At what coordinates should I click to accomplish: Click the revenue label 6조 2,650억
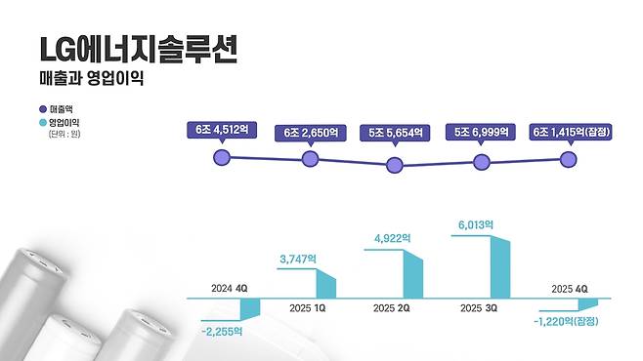click(x=310, y=131)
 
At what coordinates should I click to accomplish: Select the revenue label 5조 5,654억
click(x=394, y=131)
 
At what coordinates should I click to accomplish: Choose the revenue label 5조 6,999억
click(x=480, y=131)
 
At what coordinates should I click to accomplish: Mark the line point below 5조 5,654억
click(x=394, y=165)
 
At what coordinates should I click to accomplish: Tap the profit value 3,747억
click(x=297, y=258)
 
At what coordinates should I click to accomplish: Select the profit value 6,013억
click(x=476, y=224)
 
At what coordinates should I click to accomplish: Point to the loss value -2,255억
click(x=222, y=330)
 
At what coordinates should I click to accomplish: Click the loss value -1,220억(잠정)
click(x=567, y=321)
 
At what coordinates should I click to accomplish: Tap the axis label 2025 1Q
click(x=297, y=308)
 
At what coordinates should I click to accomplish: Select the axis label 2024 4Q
click(x=231, y=289)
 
